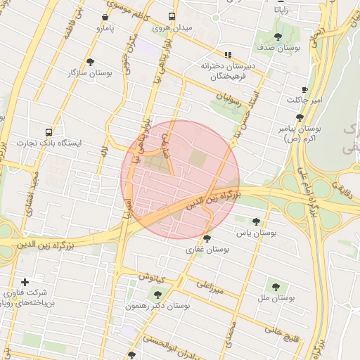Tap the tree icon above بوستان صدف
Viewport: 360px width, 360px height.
coord(278,37)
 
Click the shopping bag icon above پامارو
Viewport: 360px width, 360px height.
coord(105,18)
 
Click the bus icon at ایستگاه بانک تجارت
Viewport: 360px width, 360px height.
coord(49,131)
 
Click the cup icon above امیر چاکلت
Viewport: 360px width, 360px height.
coord(304,89)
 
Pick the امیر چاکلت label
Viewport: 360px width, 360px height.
coord(304,101)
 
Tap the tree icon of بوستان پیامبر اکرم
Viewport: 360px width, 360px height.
coord(300,118)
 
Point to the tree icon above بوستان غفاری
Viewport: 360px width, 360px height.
coord(206,238)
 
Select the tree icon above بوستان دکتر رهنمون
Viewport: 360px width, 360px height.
coord(157,295)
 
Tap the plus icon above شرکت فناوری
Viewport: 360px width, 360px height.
coord(25,281)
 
